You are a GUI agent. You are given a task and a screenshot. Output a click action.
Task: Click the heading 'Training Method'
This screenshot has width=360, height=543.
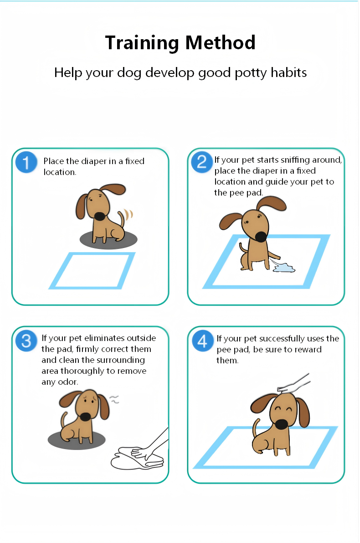180,43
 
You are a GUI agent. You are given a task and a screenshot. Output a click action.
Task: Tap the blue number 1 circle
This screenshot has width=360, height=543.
26,163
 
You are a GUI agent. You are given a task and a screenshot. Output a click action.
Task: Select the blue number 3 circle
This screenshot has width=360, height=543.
26,341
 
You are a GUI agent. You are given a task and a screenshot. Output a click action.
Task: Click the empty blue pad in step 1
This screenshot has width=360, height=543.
93,271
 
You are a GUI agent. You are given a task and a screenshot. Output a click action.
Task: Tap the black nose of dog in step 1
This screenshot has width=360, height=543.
99,215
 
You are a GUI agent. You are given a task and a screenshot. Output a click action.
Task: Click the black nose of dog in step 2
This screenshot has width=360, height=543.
261,237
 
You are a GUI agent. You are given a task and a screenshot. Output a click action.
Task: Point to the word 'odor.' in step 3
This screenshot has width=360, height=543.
68,382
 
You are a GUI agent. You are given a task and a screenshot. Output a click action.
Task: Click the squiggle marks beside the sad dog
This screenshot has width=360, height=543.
115,400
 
